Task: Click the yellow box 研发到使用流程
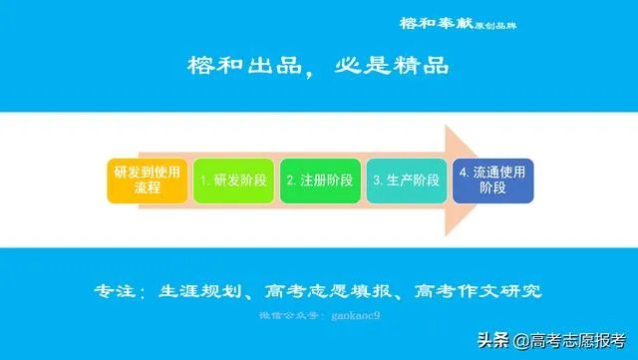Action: click(x=147, y=180)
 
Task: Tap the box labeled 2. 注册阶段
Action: click(x=320, y=180)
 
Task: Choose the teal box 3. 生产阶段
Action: click(x=407, y=180)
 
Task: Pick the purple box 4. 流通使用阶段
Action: click(x=492, y=180)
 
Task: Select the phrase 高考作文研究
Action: click(x=478, y=292)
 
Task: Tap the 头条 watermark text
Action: click(x=495, y=339)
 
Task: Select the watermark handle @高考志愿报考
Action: click(x=569, y=339)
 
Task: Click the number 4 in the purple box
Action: click(x=464, y=172)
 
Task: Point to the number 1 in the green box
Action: click(x=203, y=181)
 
